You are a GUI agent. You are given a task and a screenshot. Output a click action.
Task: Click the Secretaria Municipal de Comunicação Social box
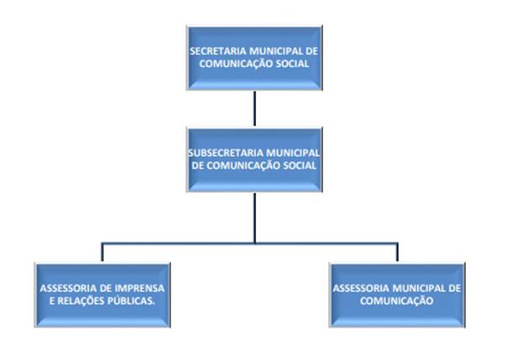(x=253, y=57)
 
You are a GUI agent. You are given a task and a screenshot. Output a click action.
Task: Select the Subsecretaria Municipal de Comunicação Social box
(x=253, y=159)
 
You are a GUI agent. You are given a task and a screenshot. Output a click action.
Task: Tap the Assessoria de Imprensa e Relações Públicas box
(x=102, y=293)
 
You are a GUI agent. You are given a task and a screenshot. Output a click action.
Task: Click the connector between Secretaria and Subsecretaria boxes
(x=253, y=107)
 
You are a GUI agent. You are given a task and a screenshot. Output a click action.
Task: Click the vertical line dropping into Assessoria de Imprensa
(x=102, y=252)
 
